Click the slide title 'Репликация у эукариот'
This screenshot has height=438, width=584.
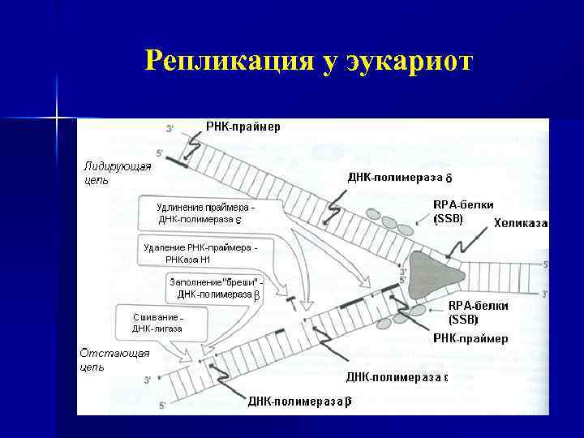[307, 61]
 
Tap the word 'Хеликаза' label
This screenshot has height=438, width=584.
[520, 223]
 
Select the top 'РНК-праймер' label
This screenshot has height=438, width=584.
[243, 127]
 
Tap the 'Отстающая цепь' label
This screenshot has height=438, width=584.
[103, 359]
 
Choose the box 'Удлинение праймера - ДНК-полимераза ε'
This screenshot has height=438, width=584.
[209, 213]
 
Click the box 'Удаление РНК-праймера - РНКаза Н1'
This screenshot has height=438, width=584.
[200, 253]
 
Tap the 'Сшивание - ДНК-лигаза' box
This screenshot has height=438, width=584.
[157, 322]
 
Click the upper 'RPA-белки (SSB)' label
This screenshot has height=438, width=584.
[463, 212]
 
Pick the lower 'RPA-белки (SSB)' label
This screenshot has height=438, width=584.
[479, 312]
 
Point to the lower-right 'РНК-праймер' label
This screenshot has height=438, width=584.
[470, 338]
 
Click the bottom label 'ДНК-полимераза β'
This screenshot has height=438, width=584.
[299, 401]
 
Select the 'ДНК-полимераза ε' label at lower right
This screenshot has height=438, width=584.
[397, 377]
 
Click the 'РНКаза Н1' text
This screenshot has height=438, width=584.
[187, 260]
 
